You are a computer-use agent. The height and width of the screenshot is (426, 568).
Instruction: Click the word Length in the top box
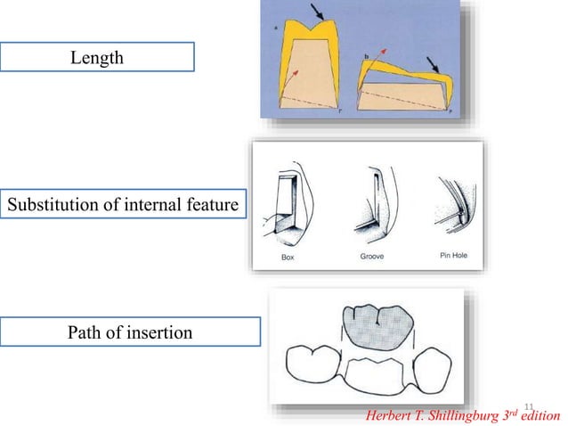pos(97,58)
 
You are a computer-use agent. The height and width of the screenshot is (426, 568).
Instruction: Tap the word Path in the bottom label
pos(87,332)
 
